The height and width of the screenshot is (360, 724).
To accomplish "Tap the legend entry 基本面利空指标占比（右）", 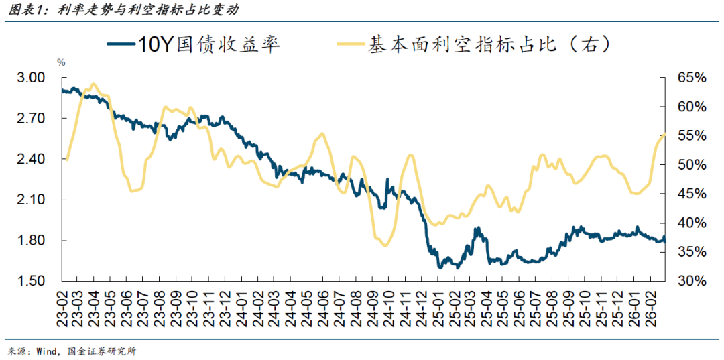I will point(489,45).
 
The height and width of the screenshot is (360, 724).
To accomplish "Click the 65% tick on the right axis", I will point(691,78).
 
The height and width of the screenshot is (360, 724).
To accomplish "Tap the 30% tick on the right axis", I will point(691,281).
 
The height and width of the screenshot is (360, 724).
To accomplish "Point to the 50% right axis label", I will point(691,165).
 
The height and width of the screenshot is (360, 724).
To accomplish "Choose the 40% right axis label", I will point(691,223).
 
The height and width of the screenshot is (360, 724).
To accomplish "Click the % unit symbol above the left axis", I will point(61,62).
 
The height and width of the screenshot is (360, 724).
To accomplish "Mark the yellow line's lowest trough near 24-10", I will point(384,245).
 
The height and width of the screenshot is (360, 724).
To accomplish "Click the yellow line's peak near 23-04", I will point(93,84).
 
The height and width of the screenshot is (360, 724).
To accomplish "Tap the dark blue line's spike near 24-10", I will point(387,180).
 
